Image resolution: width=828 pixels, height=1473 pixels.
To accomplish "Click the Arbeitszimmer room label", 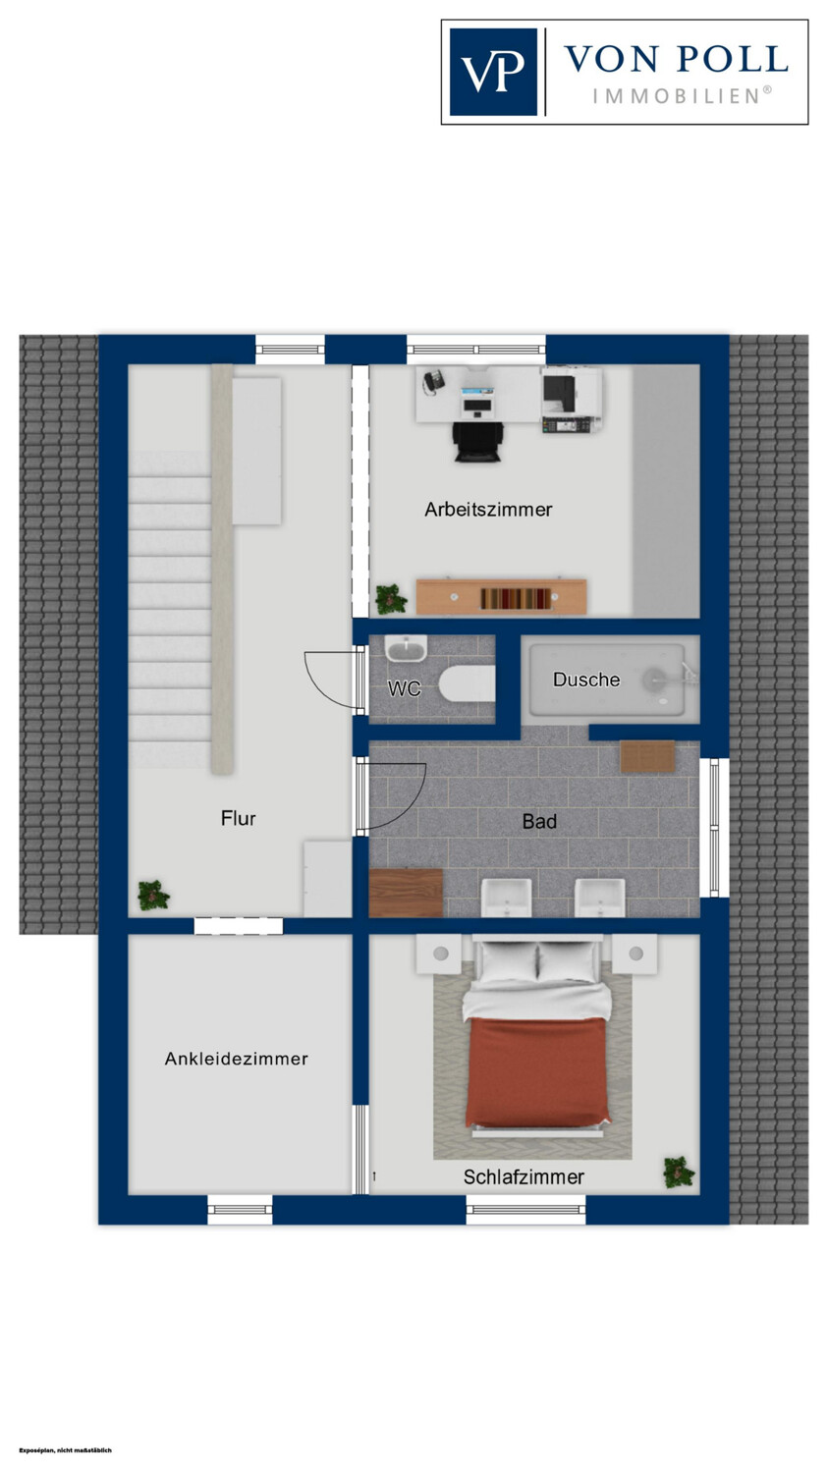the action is tap(488, 510).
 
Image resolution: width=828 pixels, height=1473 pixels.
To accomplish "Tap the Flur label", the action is tap(238, 819).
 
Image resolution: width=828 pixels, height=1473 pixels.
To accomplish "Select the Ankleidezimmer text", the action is tap(236, 1059).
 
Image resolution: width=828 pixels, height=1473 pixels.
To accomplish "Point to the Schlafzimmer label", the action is tap(524, 1177).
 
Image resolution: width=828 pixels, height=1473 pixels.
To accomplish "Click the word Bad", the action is tap(539, 821).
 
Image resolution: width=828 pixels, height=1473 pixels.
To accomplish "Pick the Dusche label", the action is tap(586, 680).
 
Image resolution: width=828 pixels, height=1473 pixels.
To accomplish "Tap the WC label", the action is tap(404, 688).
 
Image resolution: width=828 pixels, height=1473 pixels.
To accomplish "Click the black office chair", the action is tap(478, 442).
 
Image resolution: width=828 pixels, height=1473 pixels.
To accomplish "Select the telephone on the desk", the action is tap(433, 381).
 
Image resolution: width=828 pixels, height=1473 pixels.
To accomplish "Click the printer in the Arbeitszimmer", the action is tap(571, 400).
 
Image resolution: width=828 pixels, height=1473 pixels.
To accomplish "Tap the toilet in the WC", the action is tap(467, 683).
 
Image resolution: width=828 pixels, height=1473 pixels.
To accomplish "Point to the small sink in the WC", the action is tap(406, 649).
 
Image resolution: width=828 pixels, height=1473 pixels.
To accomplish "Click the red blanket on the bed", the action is tap(537, 1070).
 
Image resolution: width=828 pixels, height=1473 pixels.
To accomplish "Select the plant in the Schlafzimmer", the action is tap(679, 1173).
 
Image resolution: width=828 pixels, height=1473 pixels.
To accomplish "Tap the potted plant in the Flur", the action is tap(154, 896).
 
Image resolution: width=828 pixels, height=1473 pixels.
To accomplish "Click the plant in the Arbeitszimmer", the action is tap(391, 599).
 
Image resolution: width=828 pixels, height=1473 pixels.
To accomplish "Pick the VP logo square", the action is tap(493, 72).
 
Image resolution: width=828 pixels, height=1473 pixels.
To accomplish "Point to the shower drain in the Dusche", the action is tap(654, 679).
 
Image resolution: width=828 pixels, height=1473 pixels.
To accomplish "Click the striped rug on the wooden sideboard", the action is tap(517, 598).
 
